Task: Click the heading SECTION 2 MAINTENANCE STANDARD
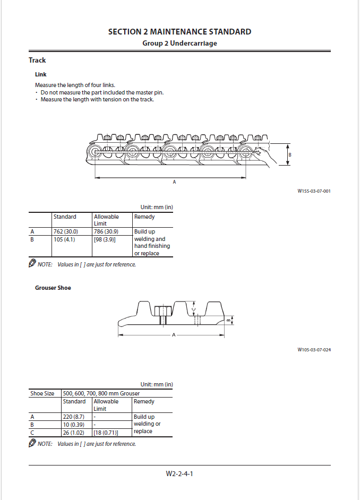(x=179, y=32)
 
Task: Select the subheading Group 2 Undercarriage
(x=179, y=43)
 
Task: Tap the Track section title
(x=37, y=61)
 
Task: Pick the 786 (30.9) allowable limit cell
(x=106, y=231)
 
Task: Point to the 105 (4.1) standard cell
(x=64, y=239)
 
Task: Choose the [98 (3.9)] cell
(x=105, y=239)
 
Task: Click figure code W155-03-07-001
(x=314, y=191)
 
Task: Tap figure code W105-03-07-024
(x=314, y=350)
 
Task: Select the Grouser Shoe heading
(x=53, y=288)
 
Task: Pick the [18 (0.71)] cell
(x=106, y=432)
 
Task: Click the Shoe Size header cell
(x=42, y=393)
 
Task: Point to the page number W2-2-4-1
(x=179, y=473)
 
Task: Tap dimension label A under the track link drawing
(x=174, y=182)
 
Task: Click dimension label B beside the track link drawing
(x=289, y=154)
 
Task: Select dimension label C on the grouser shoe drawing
(x=194, y=309)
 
